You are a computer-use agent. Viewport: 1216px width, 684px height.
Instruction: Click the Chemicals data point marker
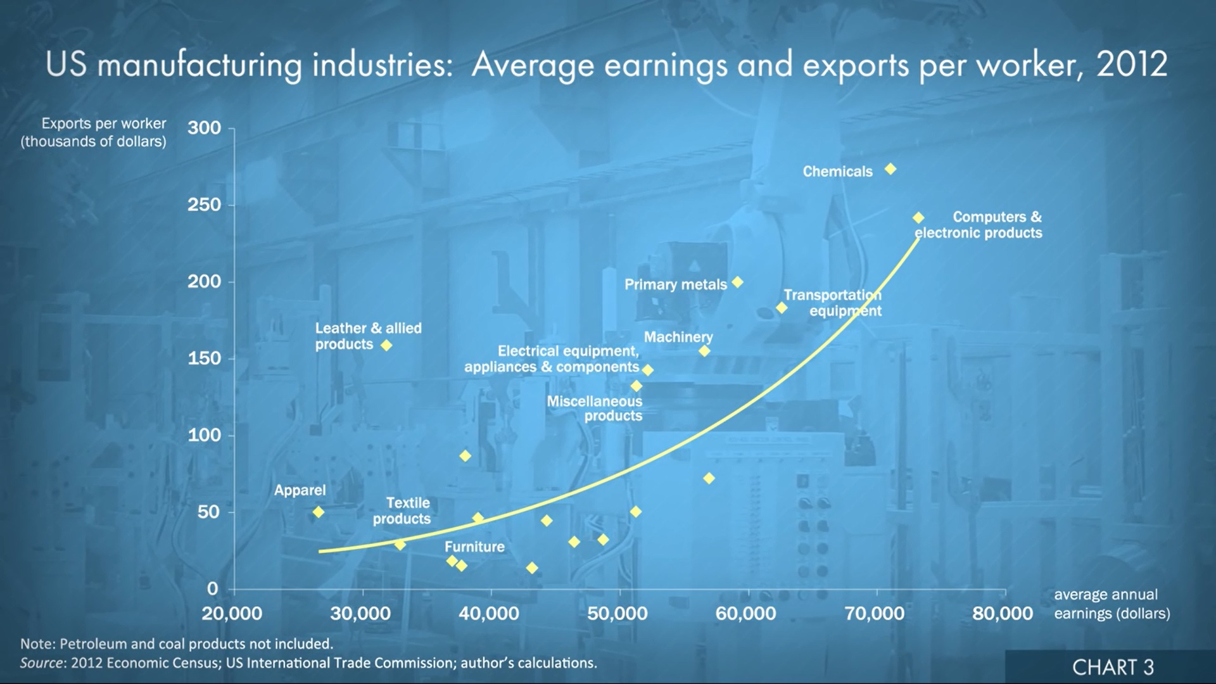click(890, 169)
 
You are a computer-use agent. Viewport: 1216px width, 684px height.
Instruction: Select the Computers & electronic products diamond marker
click(918, 218)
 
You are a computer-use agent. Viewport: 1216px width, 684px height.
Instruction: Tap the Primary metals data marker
click(737, 282)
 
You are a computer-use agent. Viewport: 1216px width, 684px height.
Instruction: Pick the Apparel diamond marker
click(319, 512)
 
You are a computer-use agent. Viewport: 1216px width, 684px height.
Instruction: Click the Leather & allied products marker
click(386, 345)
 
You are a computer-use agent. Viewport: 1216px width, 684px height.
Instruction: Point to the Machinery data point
click(704, 351)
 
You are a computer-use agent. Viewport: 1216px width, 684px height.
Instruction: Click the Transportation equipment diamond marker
click(782, 308)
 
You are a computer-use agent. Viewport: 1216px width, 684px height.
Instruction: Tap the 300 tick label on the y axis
click(204, 128)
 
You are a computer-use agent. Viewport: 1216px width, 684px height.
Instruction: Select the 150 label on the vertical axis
click(204, 358)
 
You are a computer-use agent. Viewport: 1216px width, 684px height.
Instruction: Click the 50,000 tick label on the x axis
click(617, 614)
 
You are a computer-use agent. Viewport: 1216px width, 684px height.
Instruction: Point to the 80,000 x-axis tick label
click(1003, 614)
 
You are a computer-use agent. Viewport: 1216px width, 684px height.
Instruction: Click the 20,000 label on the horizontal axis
click(232, 614)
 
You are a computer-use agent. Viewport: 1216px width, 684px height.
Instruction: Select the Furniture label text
click(474, 547)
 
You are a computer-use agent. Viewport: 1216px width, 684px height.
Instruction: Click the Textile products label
click(402, 510)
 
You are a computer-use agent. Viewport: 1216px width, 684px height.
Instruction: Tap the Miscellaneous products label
click(595, 408)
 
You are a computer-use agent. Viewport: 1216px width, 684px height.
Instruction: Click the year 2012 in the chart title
click(1132, 65)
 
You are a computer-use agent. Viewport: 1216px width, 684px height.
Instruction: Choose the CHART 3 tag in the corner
click(1113, 667)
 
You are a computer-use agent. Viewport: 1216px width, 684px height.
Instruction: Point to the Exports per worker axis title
click(94, 132)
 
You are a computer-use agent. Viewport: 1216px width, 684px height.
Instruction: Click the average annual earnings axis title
click(1111, 604)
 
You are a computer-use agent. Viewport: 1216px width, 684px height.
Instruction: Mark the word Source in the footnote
click(42, 663)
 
